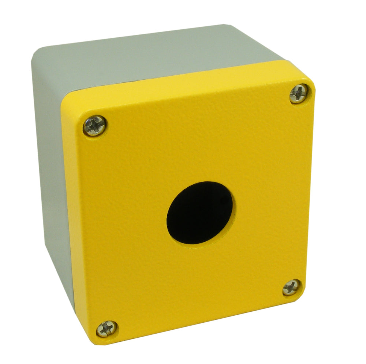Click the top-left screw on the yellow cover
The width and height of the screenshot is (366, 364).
click(x=94, y=125)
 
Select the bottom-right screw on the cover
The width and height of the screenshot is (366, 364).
click(x=292, y=287)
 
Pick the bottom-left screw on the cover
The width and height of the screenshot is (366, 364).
click(x=107, y=328)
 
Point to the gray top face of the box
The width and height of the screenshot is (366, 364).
click(x=146, y=59)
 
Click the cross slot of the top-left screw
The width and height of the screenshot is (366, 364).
click(x=94, y=125)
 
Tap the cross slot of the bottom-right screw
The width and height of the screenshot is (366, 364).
click(x=292, y=287)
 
